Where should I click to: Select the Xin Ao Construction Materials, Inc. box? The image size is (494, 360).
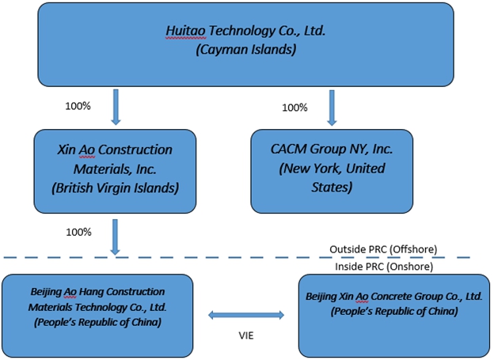click(115, 170)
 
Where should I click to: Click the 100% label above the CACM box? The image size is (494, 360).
click(294, 107)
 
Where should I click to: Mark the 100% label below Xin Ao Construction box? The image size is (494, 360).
click(79, 232)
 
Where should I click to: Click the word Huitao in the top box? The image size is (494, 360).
click(183, 32)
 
